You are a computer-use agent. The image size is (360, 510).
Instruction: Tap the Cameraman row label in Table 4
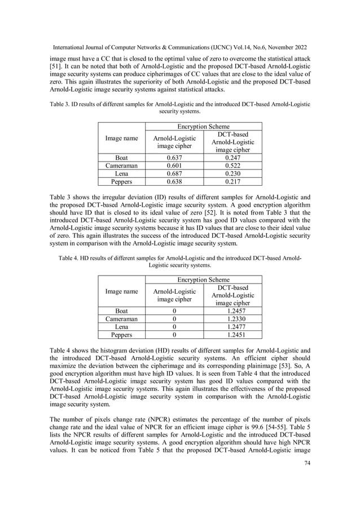click(121, 319)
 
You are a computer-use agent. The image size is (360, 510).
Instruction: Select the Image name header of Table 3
click(121, 138)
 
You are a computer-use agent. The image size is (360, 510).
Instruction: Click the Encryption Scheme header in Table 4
click(203, 280)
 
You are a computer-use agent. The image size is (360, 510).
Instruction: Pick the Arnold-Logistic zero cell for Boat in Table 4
click(174, 311)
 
